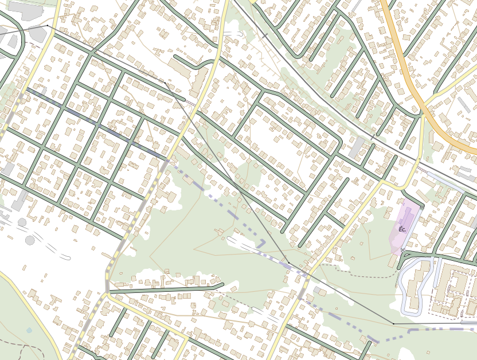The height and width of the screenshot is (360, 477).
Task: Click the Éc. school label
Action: click(x=402, y=229)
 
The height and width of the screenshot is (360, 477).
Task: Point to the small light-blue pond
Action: click(x=29, y=330)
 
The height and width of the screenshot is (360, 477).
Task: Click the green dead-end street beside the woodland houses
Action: click(x=166, y=288)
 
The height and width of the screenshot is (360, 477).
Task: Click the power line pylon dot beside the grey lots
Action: click(x=47, y=26)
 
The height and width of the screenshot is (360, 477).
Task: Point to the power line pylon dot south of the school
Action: click(x=394, y=324)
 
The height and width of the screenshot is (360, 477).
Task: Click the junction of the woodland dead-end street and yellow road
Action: click(x=107, y=292)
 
